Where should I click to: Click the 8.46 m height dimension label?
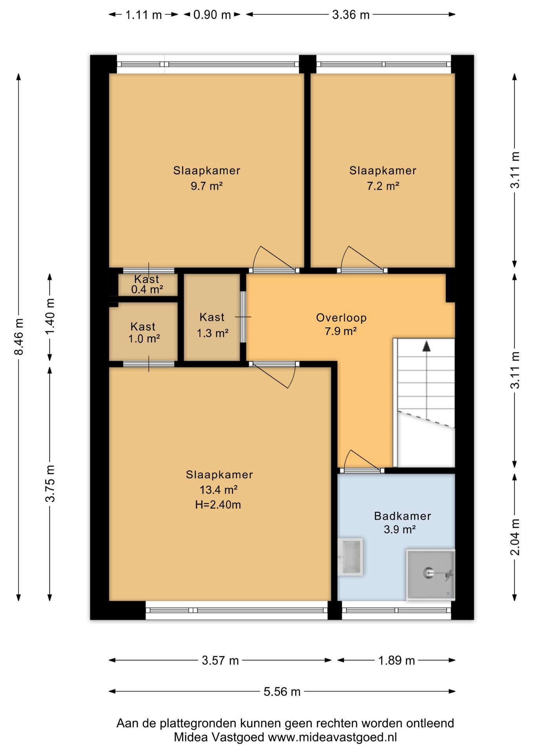coord(19,337)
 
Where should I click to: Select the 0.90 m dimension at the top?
coord(212,15)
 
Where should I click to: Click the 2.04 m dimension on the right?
coord(515,537)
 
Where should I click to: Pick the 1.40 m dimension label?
coord(50,317)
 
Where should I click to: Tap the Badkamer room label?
coord(402,516)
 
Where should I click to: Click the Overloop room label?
coord(341,318)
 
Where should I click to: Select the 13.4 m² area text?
coord(219,490)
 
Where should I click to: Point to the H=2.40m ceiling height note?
coord(218,505)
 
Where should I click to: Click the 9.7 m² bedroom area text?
coord(207,186)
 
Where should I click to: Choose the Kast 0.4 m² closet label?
coord(147,284)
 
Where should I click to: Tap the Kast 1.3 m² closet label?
coord(212,325)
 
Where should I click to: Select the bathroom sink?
coord(350,556)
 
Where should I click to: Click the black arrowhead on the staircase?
coord(426,346)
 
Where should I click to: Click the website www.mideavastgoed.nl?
coord(332,737)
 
